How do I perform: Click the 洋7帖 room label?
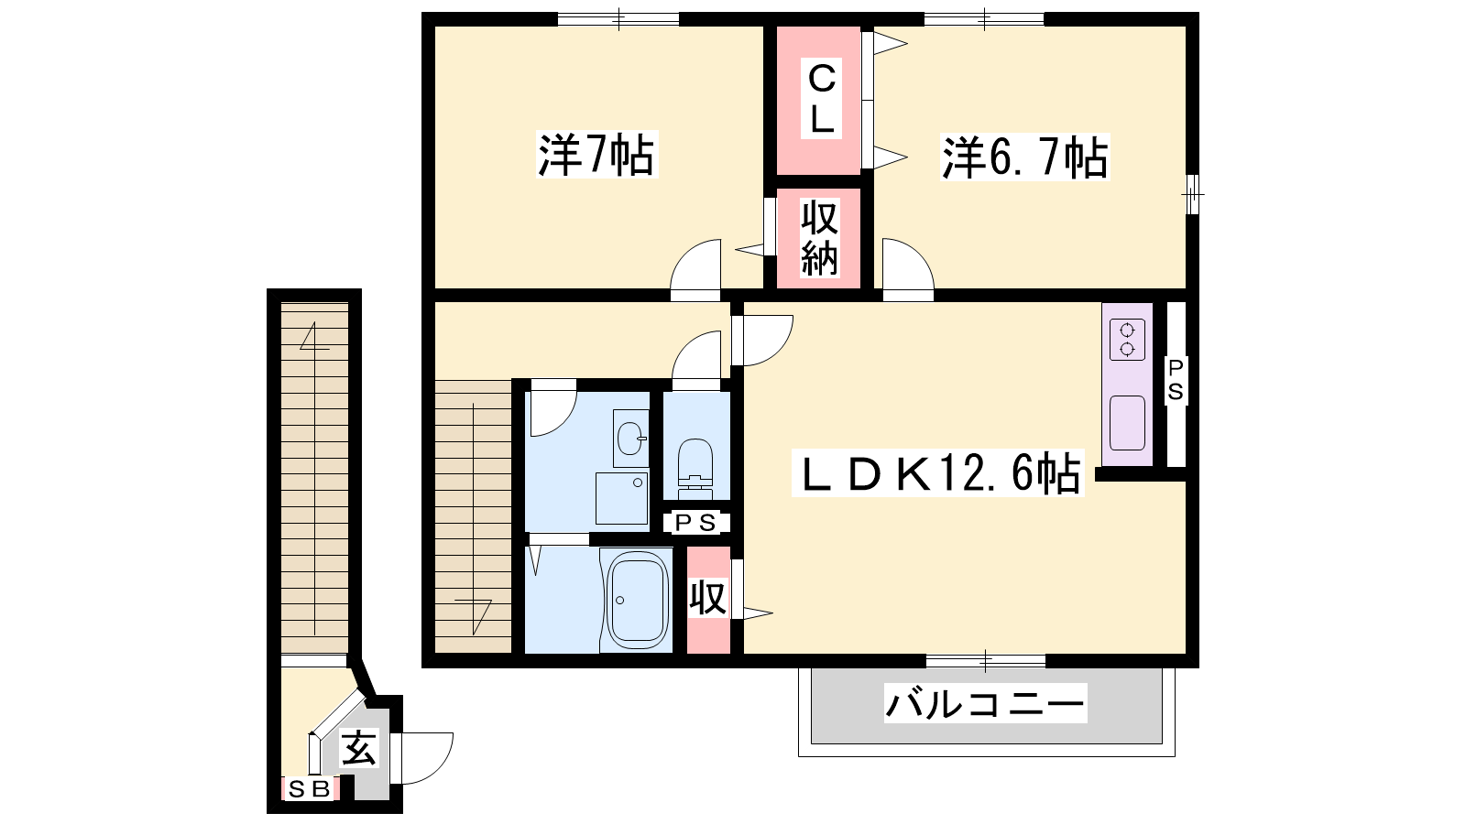coord(596,155)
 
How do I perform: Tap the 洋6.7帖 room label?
coord(1025,157)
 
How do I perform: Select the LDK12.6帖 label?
coord(938,472)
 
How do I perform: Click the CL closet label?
coord(821,100)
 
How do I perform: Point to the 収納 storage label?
coord(819,239)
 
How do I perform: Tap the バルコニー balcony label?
coord(985,703)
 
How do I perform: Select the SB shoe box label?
coord(309,789)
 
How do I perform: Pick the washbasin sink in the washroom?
coord(631,439)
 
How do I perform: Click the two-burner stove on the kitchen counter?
coord(1127,340)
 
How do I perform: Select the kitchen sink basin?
coord(1127,423)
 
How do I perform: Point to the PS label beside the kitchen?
coord(1176,379)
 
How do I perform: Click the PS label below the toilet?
coord(695,523)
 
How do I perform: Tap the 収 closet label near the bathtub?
coord(708,598)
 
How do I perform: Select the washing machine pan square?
coord(622,498)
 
